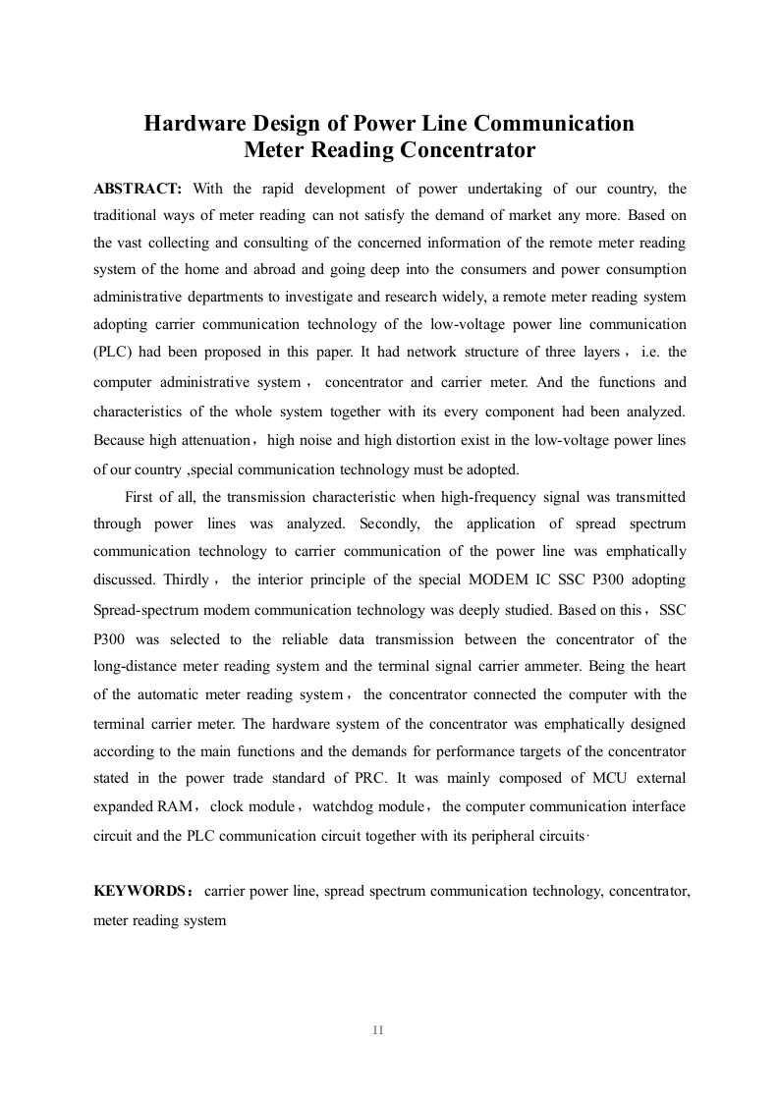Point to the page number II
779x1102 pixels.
[x=378, y=1029]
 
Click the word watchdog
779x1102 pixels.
[x=357, y=806]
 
